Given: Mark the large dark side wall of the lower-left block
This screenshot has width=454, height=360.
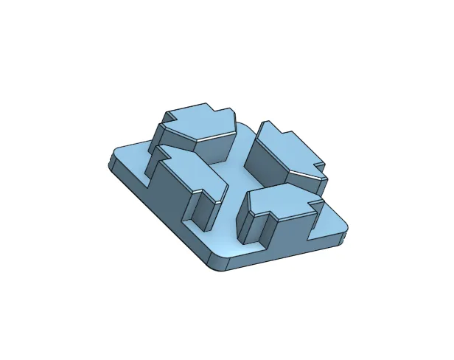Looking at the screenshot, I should tap(169, 192).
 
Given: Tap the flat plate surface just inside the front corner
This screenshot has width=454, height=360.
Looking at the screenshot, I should tap(221, 247).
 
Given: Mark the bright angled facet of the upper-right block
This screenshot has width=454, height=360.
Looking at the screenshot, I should tap(306, 178).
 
